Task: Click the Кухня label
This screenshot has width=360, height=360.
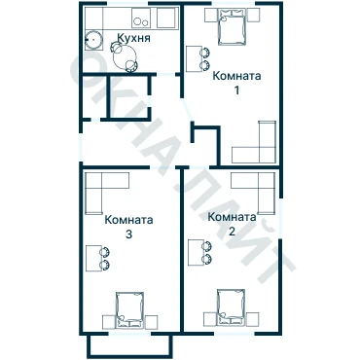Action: [133, 38]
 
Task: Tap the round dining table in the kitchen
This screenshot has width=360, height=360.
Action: [126, 56]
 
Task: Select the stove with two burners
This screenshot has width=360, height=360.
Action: [141, 18]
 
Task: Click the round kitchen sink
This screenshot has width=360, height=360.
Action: [94, 40]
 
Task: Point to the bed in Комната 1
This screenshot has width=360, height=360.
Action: [232, 26]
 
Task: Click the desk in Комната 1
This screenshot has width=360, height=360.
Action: [195, 58]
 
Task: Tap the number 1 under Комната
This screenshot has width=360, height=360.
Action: [236, 90]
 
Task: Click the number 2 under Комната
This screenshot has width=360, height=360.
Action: [232, 232]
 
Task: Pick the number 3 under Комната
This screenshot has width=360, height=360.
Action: [128, 234]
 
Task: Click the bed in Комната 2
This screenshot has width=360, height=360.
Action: [232, 306]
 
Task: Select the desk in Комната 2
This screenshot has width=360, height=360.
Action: [197, 252]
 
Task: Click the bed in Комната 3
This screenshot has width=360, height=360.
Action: [129, 309]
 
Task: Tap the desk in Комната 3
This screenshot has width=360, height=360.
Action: [94, 258]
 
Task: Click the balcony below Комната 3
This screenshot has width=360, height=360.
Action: [129, 346]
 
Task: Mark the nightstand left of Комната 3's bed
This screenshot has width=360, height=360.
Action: [109, 322]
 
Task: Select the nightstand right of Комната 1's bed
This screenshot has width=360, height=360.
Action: [253, 15]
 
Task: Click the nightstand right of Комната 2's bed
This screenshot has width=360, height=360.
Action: [252, 319]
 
